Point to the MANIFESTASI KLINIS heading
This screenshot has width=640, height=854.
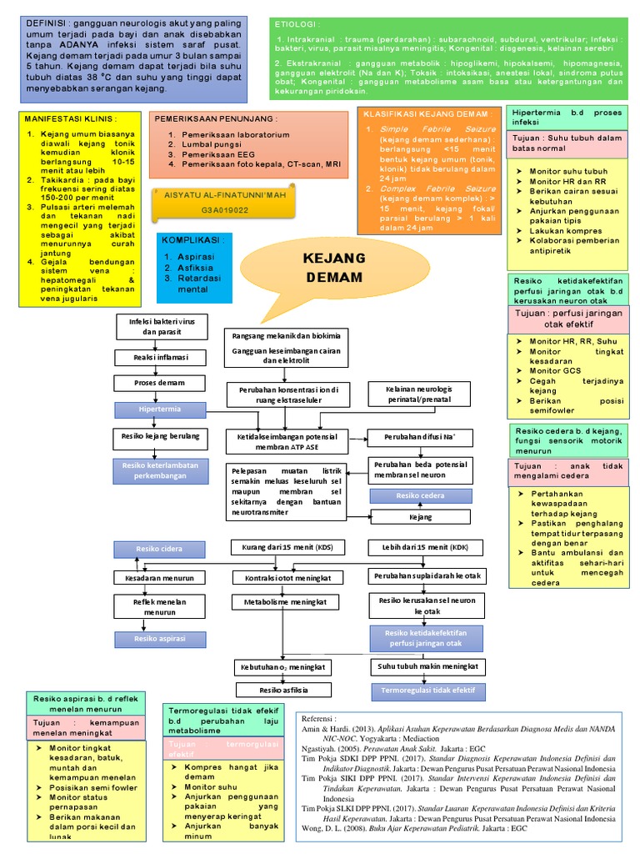coord(67,118)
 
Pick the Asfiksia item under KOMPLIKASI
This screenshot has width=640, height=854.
coord(184,268)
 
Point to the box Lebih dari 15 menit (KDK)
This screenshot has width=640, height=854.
coord(424,547)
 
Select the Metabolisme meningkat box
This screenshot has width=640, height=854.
coord(283,600)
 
